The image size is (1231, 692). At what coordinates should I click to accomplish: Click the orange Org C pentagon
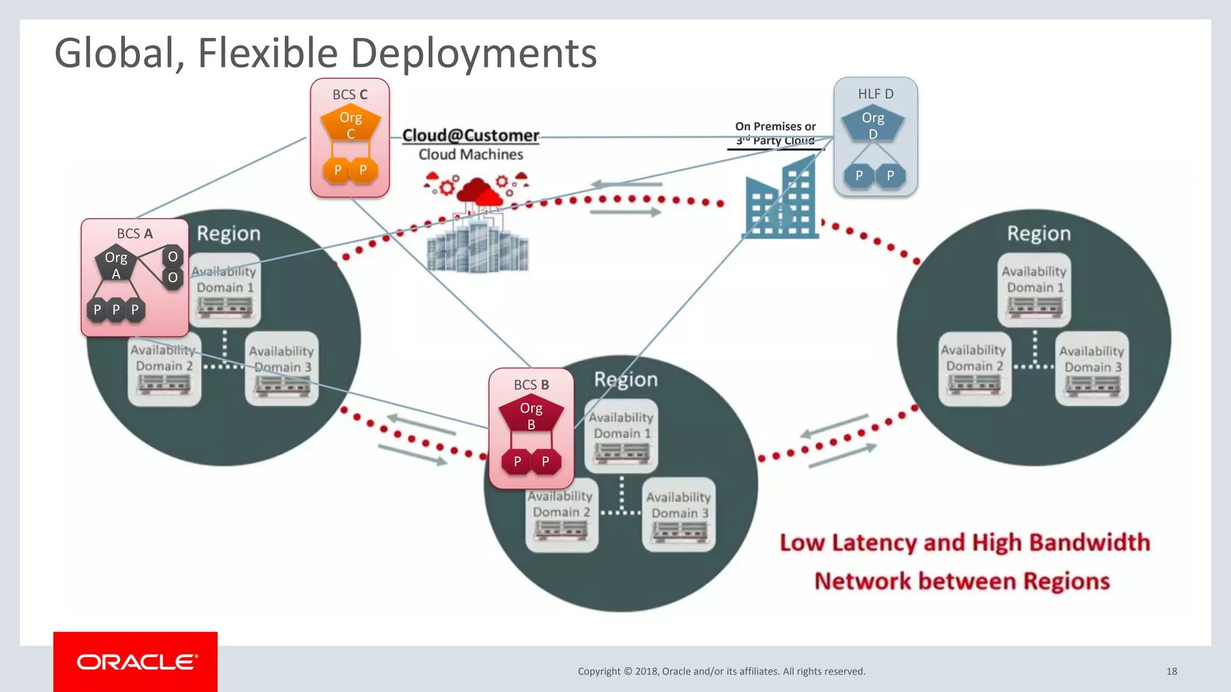(350, 124)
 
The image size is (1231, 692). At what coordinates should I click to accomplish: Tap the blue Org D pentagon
(873, 125)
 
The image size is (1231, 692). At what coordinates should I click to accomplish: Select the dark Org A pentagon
(116, 264)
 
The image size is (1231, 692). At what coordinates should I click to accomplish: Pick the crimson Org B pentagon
(531, 415)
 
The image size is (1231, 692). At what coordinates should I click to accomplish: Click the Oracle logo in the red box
(136, 661)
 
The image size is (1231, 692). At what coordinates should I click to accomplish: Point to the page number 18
(1171, 671)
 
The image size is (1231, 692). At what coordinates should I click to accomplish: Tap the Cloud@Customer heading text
(471, 135)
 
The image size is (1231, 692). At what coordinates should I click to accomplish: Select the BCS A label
(135, 234)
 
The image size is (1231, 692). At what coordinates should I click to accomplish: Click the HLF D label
(876, 94)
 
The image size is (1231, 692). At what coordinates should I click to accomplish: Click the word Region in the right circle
(1039, 233)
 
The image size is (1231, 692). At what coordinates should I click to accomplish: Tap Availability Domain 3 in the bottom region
(679, 505)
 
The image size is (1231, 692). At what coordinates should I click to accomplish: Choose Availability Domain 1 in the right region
(1034, 279)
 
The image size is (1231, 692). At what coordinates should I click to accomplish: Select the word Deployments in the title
(474, 53)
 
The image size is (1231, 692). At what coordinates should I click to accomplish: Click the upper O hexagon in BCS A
(173, 256)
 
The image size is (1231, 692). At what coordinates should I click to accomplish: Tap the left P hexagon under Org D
(859, 176)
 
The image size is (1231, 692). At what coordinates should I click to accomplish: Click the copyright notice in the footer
(721, 671)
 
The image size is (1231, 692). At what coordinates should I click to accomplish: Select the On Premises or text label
(775, 126)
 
